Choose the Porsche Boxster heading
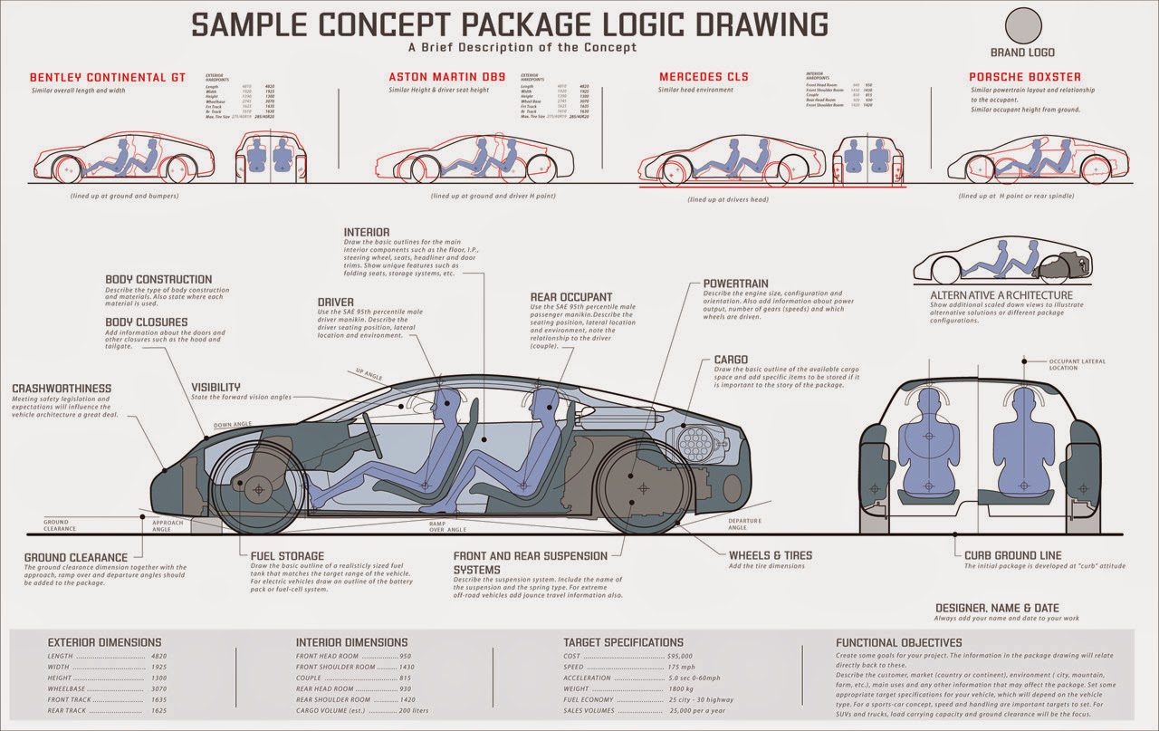(1024, 77)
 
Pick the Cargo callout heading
(731, 360)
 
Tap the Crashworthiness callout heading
(62, 390)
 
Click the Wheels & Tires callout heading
(771, 554)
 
